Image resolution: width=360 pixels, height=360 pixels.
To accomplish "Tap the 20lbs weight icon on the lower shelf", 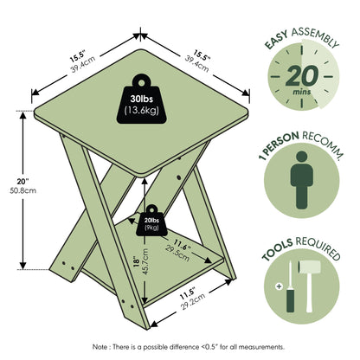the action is pos(151,221).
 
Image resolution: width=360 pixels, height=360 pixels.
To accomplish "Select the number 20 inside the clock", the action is pos(302,76).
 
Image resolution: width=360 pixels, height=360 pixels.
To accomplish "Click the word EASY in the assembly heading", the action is pos(276,40).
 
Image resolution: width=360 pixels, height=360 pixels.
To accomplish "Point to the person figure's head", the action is pos(302,157).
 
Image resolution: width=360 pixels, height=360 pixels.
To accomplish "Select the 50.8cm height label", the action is pos(23,190).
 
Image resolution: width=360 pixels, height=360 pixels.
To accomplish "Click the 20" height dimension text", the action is pos(23,182).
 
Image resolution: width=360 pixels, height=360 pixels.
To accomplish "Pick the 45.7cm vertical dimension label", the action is pos(145,261).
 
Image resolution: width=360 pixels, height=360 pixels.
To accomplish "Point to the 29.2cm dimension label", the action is pos(193,301).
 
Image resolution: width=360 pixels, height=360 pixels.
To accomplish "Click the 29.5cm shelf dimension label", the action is pos(177,254).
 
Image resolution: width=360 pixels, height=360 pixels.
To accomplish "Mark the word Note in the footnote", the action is pos(99,347).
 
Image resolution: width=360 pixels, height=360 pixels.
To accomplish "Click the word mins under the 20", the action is pos(302,92).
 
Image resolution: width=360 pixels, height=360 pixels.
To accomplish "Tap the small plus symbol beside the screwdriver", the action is pos(279,286).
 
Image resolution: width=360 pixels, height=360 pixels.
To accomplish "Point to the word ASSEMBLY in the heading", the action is pos(315,36).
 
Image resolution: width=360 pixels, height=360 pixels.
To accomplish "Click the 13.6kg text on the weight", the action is pos(141,111).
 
